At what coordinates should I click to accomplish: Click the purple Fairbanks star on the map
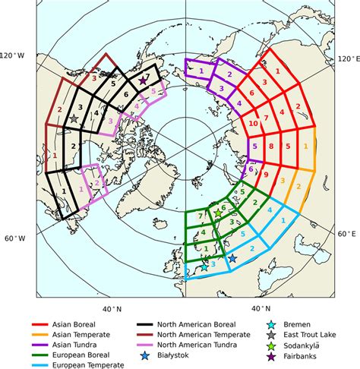tap(143, 80)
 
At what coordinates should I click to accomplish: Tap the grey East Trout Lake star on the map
tap(74, 119)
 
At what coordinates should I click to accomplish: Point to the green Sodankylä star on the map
tap(219, 213)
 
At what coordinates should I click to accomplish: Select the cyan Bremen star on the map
tap(203, 267)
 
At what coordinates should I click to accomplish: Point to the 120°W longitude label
tap(13, 56)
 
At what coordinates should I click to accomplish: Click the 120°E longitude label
tap(346, 58)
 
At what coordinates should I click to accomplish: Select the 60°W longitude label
tap(13, 238)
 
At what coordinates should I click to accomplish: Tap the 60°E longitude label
tap(348, 233)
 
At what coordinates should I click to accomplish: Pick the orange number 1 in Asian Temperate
tap(305, 145)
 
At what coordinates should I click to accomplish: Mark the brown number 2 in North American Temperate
tap(58, 111)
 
